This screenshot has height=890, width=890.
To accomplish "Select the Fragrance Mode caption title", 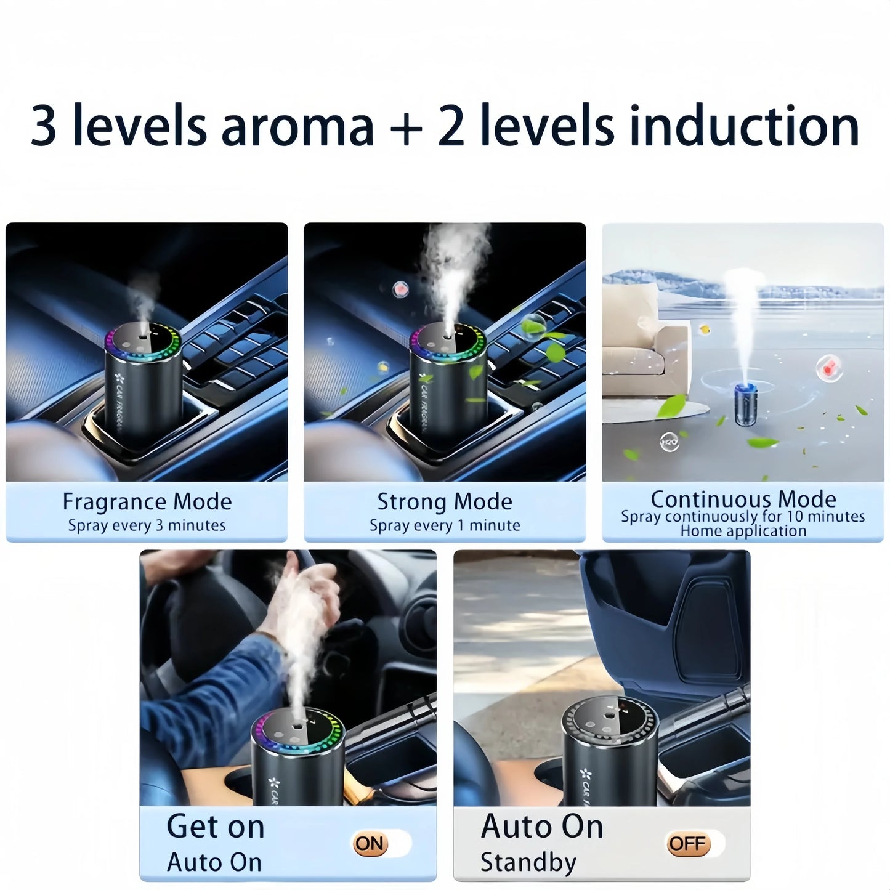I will pyautogui.click(x=147, y=501).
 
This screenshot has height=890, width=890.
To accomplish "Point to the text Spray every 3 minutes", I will pyautogui.click(x=147, y=525).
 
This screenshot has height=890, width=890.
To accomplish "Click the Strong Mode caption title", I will pyautogui.click(x=444, y=501).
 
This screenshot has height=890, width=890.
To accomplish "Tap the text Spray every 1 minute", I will pyautogui.click(x=444, y=525).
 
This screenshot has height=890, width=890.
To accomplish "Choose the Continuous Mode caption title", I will pyautogui.click(x=743, y=498).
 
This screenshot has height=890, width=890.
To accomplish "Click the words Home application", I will pyautogui.click(x=743, y=531).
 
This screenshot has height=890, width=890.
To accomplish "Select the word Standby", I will pyautogui.click(x=528, y=862).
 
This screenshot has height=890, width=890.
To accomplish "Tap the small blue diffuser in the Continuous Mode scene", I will pyautogui.click(x=745, y=403).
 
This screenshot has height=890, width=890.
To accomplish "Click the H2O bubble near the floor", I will pyautogui.click(x=669, y=442).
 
